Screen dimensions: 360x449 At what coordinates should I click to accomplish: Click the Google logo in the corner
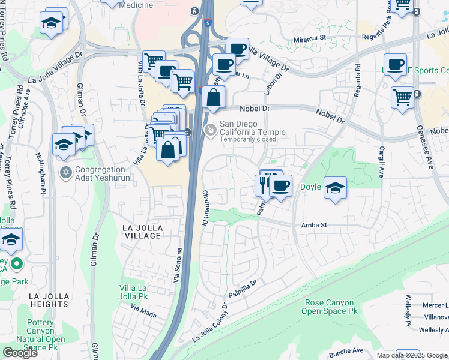coord(20,353)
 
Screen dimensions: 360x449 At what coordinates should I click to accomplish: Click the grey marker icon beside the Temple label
coord(211,129)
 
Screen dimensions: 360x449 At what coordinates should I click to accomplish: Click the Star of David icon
coord(67,173)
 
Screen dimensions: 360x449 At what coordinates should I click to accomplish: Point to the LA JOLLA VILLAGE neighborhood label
coord(142,232)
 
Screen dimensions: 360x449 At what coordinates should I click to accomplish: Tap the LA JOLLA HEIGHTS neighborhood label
coord(49,301)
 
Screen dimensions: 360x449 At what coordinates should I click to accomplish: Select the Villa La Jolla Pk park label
coord(134,292)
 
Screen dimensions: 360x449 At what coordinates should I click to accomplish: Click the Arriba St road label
coord(313,225)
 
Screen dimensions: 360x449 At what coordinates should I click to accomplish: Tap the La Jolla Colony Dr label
coord(211,325)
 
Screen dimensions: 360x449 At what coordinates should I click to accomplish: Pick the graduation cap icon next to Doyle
coord(336,188)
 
